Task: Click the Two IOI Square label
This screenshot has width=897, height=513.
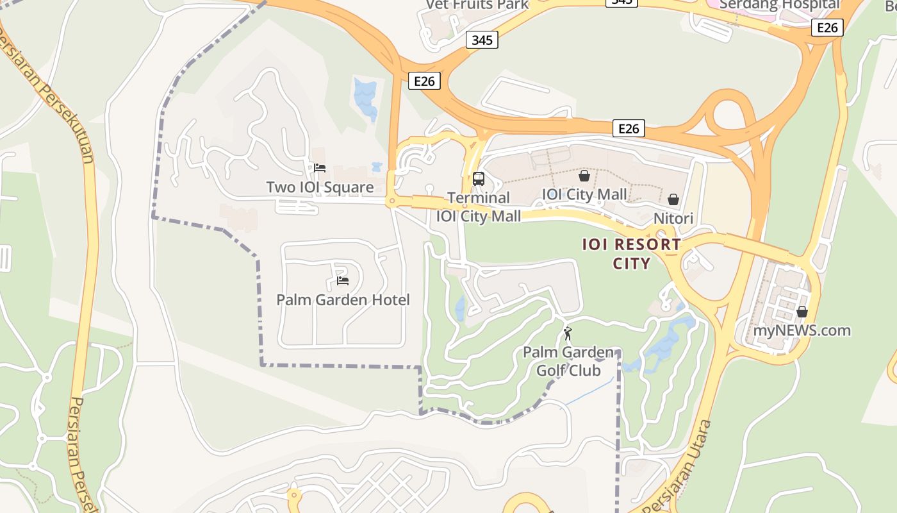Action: click(320, 187)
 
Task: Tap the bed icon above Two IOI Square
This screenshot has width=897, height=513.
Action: click(320, 168)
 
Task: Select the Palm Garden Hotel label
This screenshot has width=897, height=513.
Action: click(343, 299)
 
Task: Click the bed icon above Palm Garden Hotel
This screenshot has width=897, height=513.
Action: click(343, 280)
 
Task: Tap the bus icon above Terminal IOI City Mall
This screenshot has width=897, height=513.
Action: click(479, 179)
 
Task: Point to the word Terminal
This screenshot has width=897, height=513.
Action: click(479, 198)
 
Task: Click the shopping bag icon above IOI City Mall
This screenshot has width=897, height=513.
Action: click(584, 175)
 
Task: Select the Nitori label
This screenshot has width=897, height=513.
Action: click(673, 219)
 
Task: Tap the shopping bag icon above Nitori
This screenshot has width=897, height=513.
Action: click(673, 199)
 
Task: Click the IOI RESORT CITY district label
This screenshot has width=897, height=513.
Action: click(632, 254)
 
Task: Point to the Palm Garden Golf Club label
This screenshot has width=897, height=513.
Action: click(568, 361)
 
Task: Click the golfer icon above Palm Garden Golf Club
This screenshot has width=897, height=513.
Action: click(568, 333)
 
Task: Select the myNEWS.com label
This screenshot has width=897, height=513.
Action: click(802, 331)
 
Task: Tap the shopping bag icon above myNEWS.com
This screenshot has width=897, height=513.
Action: click(802, 312)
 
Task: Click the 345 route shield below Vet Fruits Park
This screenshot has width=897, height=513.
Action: click(482, 40)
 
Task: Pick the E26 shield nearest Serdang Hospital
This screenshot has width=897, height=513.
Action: click(828, 28)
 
